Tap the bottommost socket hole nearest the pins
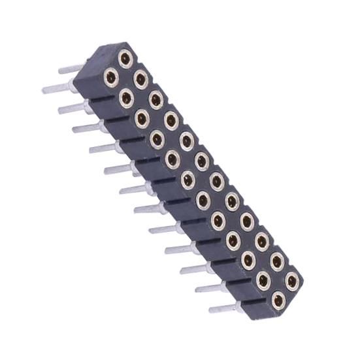[278, 301]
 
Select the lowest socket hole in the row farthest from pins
[292, 282]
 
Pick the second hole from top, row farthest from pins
[140, 79]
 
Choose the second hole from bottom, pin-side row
[263, 281]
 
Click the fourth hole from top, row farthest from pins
[171, 120]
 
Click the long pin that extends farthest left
[59, 87]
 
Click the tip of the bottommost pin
[211, 310]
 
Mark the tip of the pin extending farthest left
[44, 90]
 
